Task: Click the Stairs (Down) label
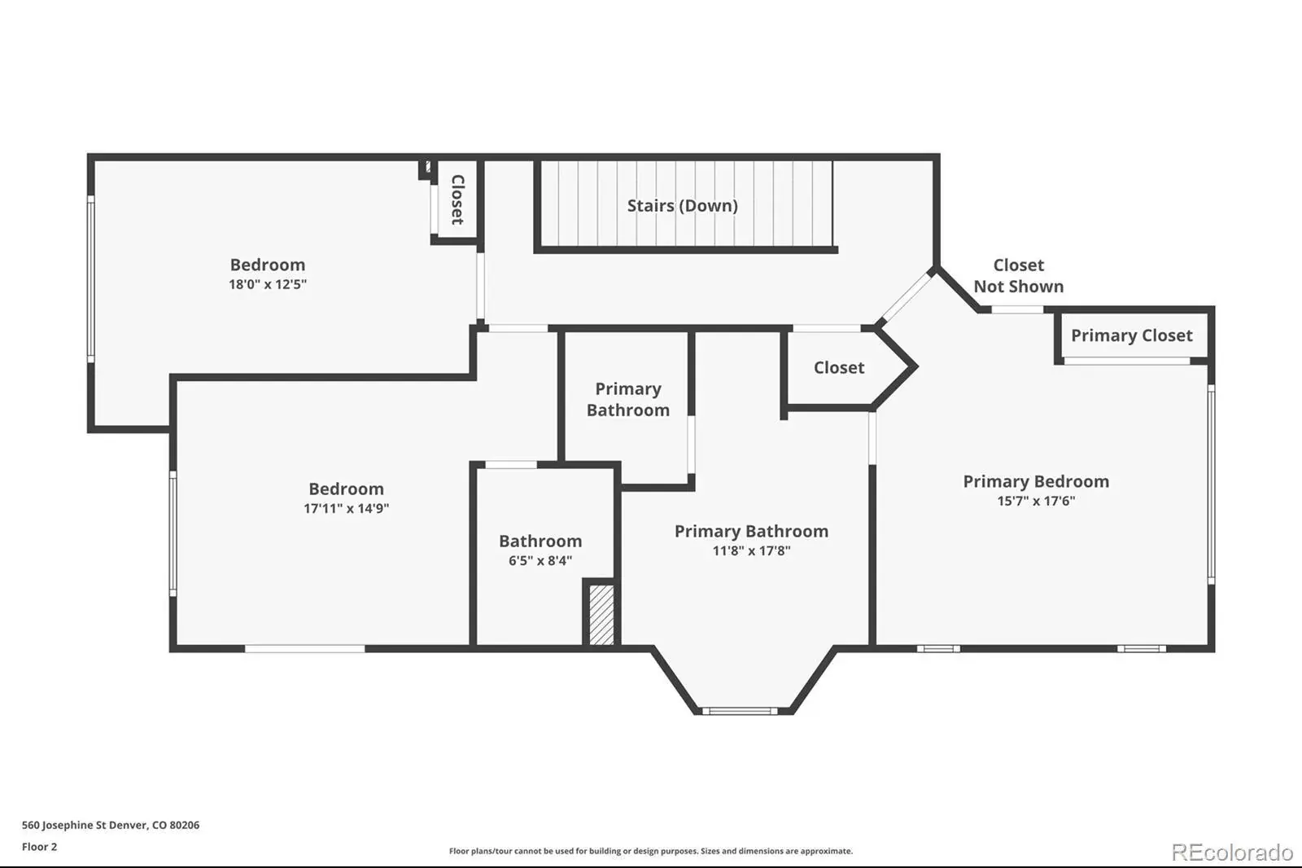coord(683,206)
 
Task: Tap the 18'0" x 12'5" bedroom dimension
coord(268,284)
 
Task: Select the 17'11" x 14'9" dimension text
coord(346,508)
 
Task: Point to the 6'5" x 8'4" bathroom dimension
coord(540,561)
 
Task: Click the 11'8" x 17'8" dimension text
coord(752,551)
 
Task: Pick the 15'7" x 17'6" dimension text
coord(1037,501)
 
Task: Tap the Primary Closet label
coord(1132,335)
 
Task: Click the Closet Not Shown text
coord(1019,276)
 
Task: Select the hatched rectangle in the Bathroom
coord(601,614)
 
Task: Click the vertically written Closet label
coord(458,199)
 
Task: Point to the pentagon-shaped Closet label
coord(839,368)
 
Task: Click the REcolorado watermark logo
coord(1232,853)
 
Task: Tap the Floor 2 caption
coord(40,847)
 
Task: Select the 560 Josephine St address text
coord(111,825)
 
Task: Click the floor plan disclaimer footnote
coord(651,851)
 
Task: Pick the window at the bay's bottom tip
coord(740,711)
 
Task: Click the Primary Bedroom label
coord(1037,482)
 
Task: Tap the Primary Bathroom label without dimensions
coord(627,400)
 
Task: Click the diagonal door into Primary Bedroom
coord(907,298)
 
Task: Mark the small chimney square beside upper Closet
coord(426,168)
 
